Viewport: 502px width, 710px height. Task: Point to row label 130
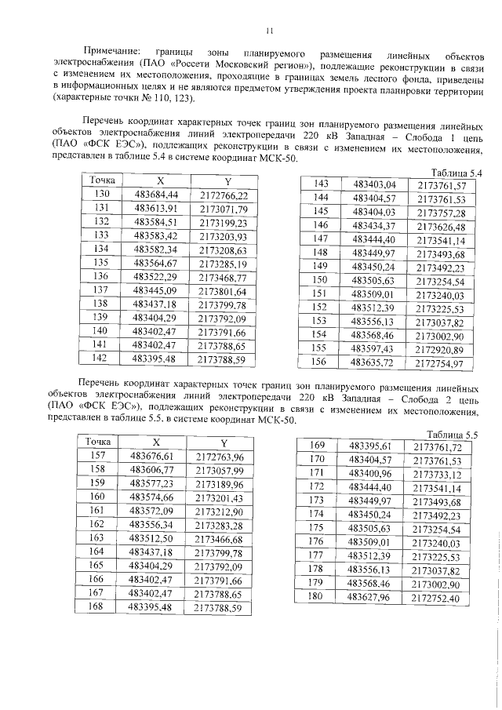[x=100, y=194]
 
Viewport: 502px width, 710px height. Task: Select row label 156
[x=319, y=363]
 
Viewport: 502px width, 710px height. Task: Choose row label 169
[x=317, y=446]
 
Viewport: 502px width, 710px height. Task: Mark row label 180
[x=316, y=597]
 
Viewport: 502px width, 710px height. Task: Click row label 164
[x=98, y=553]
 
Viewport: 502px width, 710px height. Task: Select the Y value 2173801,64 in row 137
[x=223, y=291]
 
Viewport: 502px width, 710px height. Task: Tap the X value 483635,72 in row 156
[x=373, y=363]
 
